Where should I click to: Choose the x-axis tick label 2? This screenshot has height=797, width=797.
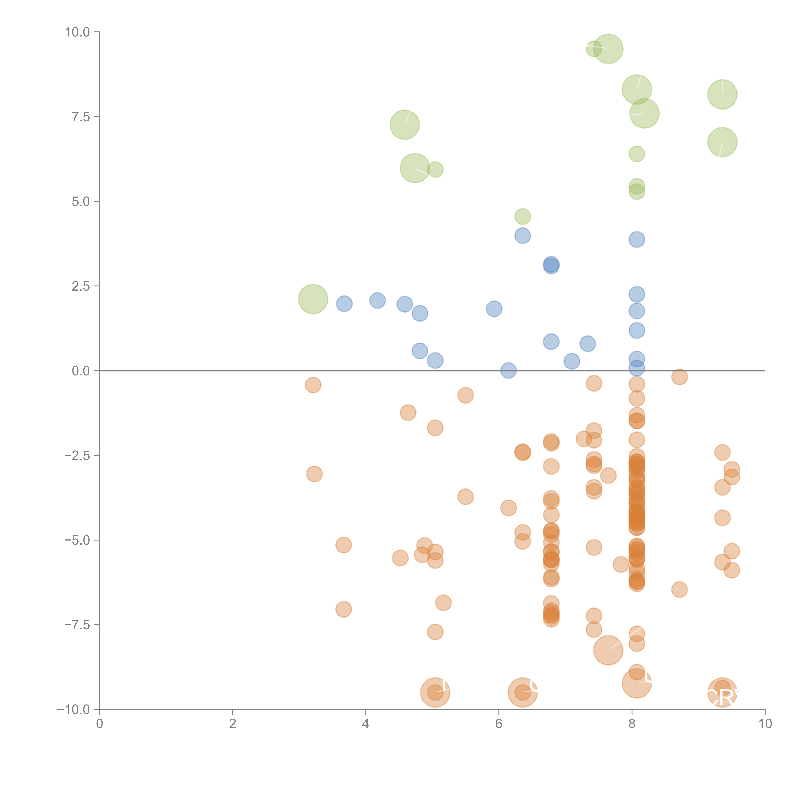[233, 724]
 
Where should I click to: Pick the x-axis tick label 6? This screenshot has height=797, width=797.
[499, 724]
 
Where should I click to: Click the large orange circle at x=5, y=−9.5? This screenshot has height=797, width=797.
[435, 692]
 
